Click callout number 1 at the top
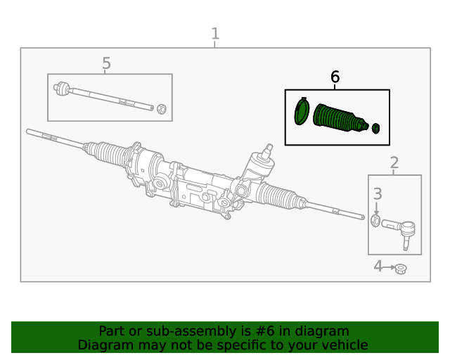215,34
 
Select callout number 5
106,63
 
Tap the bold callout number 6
335,77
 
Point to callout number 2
394,163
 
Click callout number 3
378,194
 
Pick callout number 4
378,266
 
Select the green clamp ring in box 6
302,111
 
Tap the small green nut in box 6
375,129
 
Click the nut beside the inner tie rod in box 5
162,109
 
